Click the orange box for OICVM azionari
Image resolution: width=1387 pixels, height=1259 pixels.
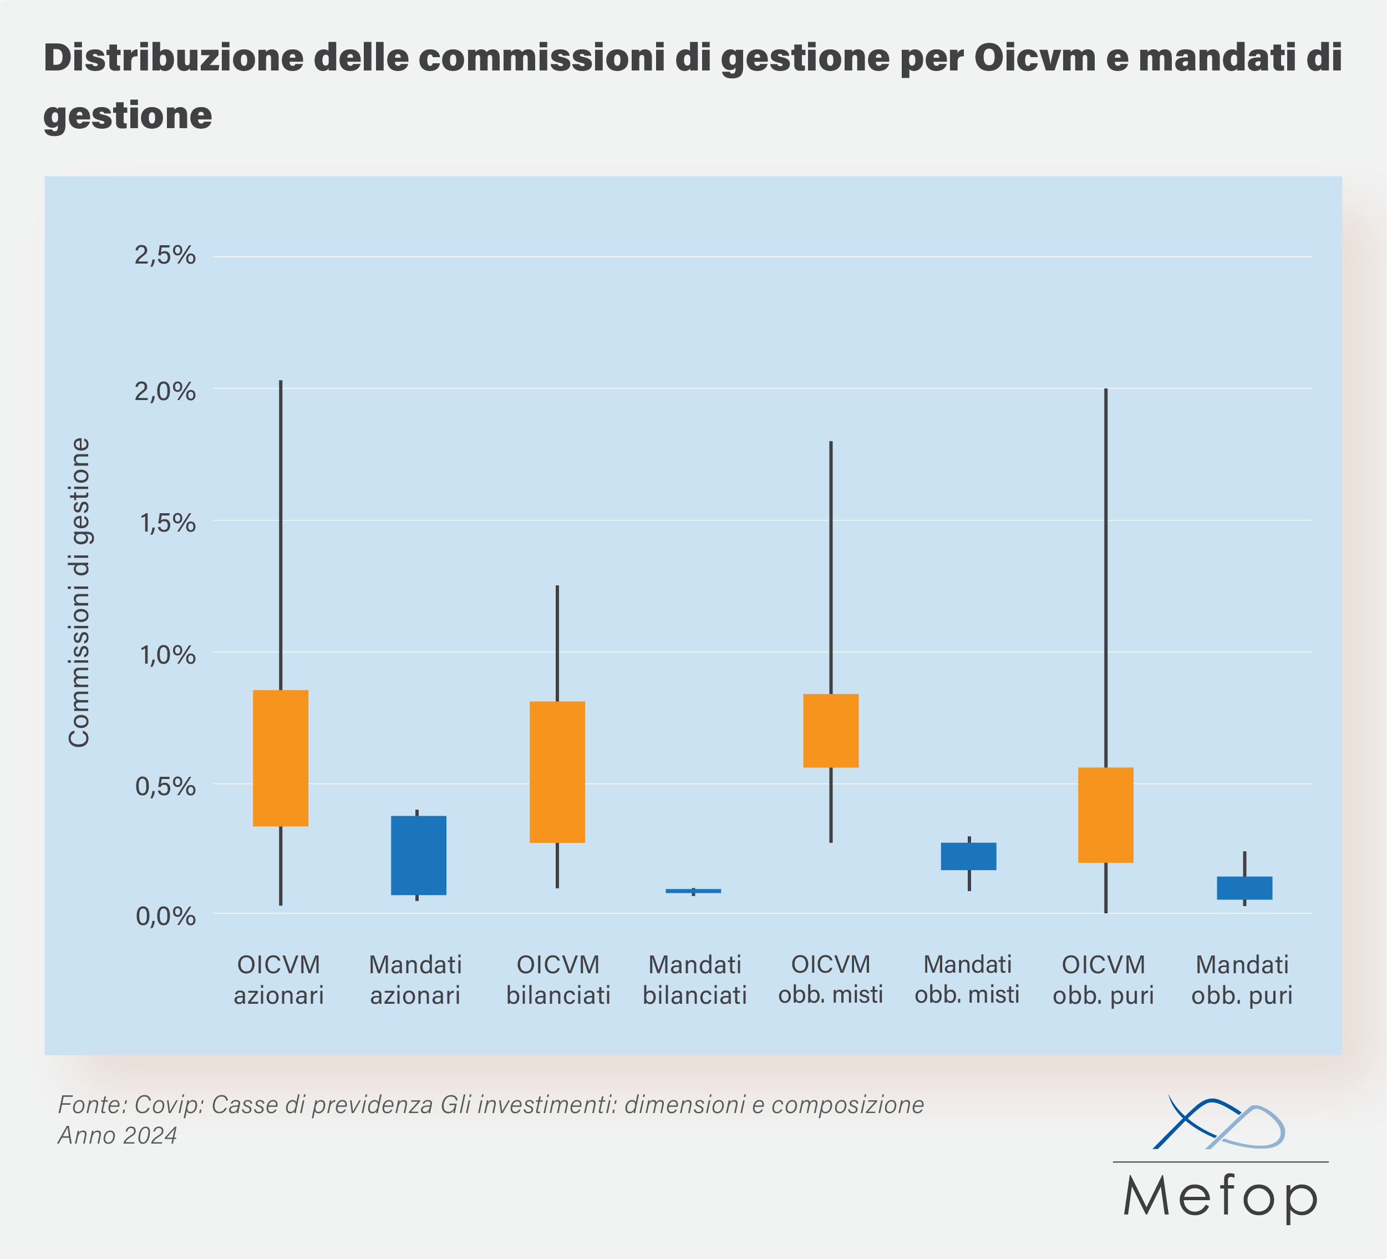pos(281,757)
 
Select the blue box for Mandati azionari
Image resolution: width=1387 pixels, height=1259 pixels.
pos(418,855)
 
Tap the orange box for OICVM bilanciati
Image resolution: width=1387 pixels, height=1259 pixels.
pos(557,772)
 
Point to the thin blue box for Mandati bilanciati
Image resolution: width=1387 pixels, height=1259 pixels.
pos(693,891)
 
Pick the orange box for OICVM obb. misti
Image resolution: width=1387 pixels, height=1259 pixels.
pos(831,730)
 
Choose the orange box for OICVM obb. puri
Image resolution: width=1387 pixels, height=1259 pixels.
pos(1106,815)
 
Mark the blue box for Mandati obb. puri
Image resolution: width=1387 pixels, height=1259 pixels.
pos(1244,888)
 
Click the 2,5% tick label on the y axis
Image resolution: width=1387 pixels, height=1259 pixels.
pos(165,255)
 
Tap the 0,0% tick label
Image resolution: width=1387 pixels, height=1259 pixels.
pos(165,916)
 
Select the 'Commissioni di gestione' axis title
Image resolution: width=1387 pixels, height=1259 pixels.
pos(80,592)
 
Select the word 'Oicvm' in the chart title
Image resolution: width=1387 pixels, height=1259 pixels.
pos(1035,58)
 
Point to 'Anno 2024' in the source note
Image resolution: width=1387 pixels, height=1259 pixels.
pos(118,1135)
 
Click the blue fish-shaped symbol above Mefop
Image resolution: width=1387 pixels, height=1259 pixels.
pos(1218,1124)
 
